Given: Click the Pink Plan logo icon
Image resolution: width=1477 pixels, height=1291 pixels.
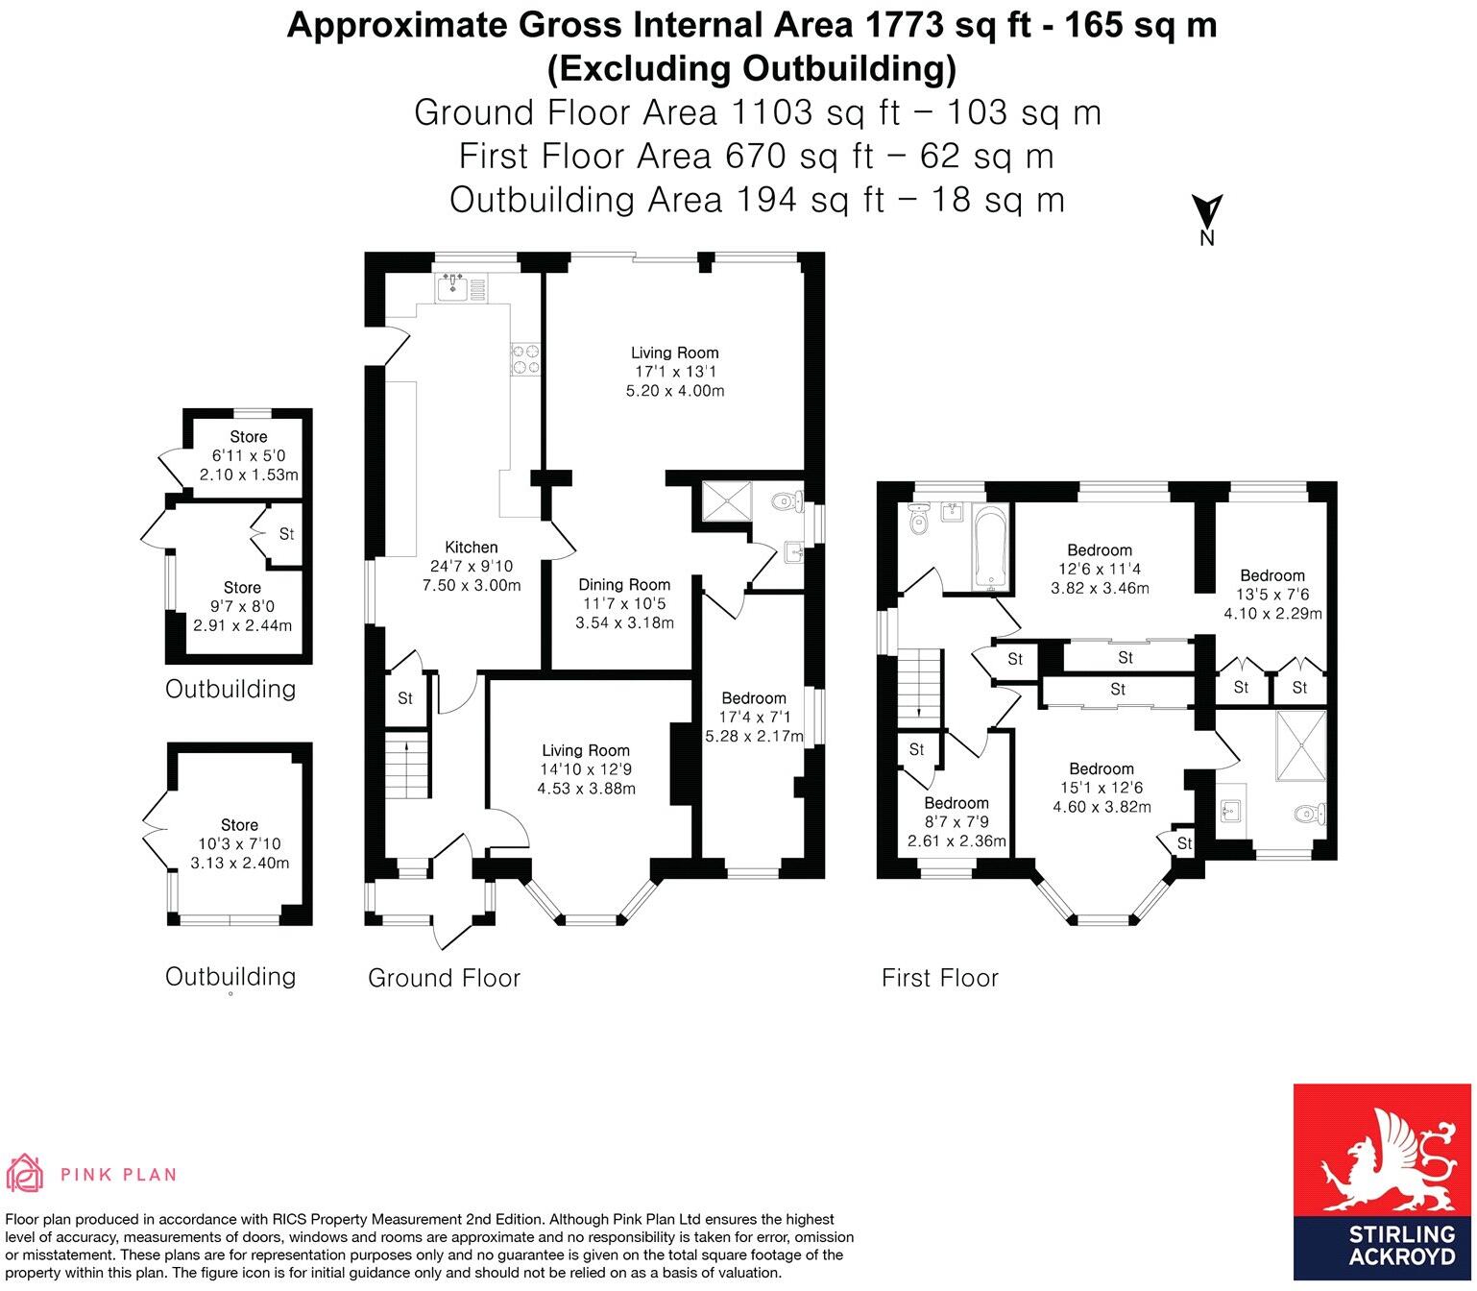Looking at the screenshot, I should [26, 1173].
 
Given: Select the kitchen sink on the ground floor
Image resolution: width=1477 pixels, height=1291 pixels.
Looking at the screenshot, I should [451, 286].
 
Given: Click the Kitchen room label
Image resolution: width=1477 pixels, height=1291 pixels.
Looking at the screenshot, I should [470, 548].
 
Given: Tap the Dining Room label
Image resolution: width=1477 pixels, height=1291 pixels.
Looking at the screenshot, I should [624, 585].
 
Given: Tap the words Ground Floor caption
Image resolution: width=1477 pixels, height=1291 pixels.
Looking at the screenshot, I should [444, 978].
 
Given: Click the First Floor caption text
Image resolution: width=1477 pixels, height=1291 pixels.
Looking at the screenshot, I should [940, 978].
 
